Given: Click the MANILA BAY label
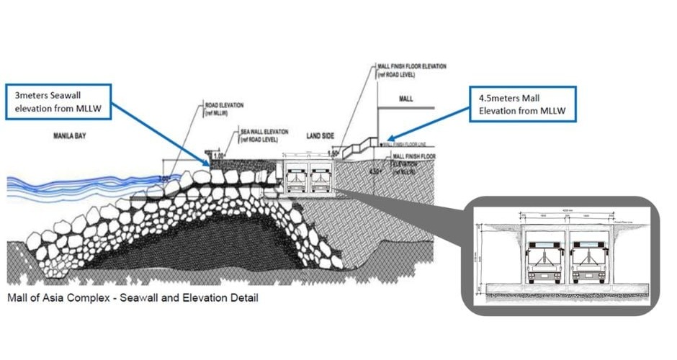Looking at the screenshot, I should click(x=69, y=135).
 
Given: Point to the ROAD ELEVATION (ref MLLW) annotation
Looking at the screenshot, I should click(x=224, y=108).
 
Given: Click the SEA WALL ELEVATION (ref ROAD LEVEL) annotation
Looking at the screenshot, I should click(x=264, y=135).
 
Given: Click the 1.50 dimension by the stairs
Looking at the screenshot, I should click(x=333, y=153).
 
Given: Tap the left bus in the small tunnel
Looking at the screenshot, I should click(x=296, y=178).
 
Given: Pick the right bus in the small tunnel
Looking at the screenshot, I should click(x=318, y=178).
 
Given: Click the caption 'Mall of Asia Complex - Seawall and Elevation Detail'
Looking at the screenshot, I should click(x=133, y=297).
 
